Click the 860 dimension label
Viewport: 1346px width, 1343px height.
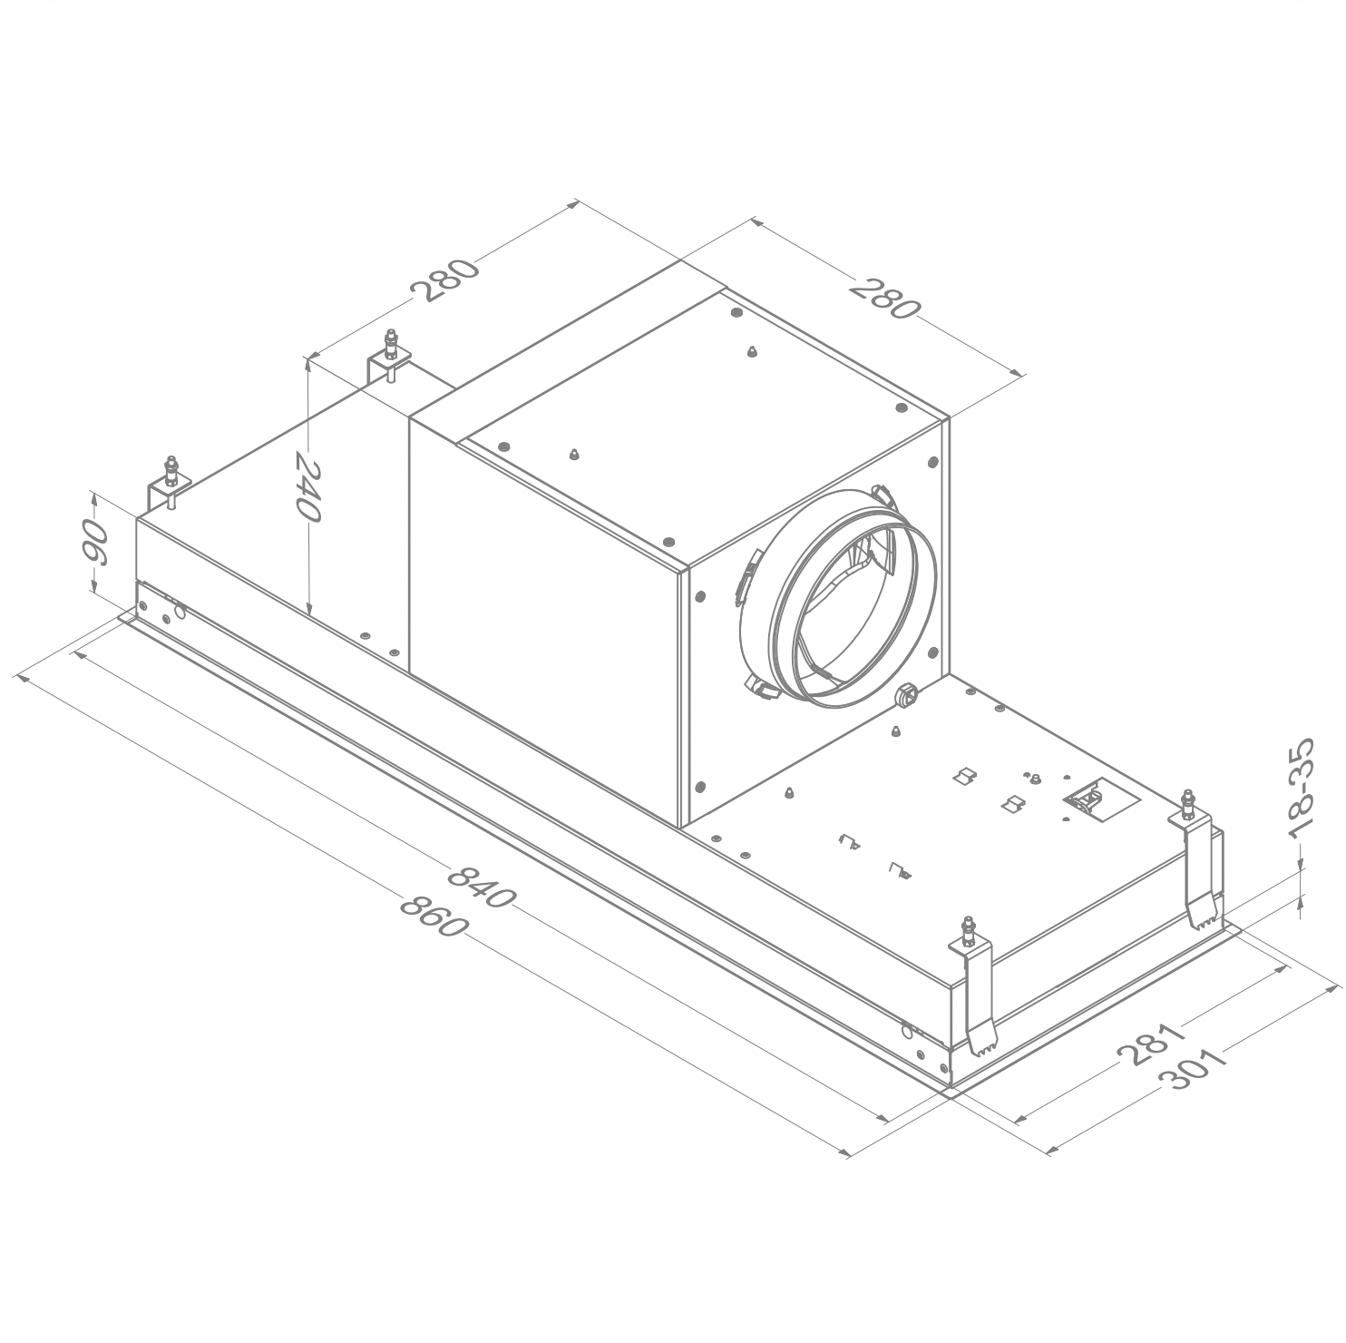tap(434, 917)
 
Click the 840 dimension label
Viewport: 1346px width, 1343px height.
tap(482, 887)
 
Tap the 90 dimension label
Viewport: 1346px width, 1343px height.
tap(94, 542)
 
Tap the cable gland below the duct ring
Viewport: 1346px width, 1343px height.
tap(905, 696)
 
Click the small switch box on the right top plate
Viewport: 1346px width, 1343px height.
tap(1088, 799)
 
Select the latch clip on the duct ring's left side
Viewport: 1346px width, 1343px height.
tap(745, 578)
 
